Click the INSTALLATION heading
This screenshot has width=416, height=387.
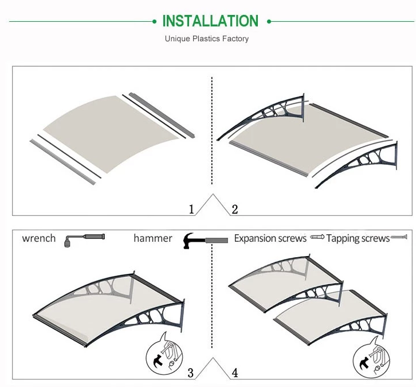pyautogui.click(x=210, y=21)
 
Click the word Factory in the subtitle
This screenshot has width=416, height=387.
pyautogui.click(x=236, y=39)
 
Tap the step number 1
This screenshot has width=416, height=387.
pyautogui.click(x=191, y=209)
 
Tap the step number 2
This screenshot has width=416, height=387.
pyautogui.click(x=234, y=209)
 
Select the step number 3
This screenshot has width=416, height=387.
pyautogui.click(x=191, y=373)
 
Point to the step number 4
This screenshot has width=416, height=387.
pyautogui.click(x=234, y=373)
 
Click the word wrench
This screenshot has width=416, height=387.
pyautogui.click(x=39, y=238)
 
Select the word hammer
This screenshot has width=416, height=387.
pyautogui.click(x=153, y=238)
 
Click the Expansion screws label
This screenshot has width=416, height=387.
pyautogui.click(x=270, y=238)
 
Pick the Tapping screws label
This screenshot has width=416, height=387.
pyautogui.click(x=358, y=238)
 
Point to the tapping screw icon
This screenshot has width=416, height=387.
pyautogui.click(x=399, y=237)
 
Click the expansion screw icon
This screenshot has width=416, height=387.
pyautogui.click(x=317, y=237)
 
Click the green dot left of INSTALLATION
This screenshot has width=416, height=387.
pyautogui.click(x=154, y=22)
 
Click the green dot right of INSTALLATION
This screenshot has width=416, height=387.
pyautogui.click(x=268, y=22)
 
